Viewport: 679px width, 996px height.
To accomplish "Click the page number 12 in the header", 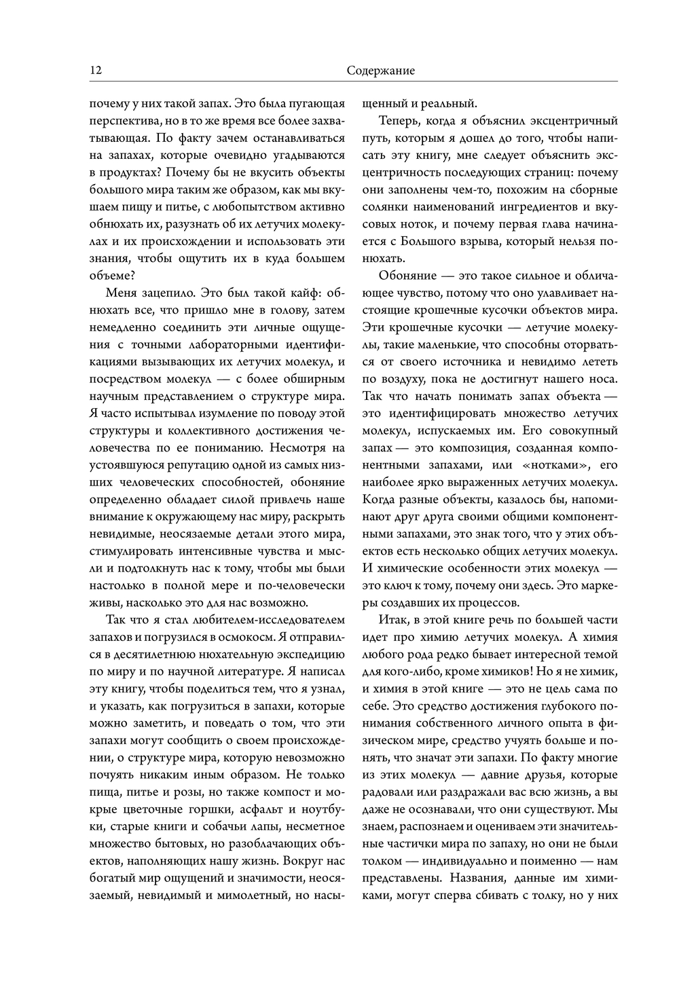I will [95, 71].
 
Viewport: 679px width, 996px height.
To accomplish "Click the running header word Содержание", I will [380, 71].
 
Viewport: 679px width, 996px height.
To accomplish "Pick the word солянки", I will [386, 207].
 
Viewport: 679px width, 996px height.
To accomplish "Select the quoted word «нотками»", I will [557, 465].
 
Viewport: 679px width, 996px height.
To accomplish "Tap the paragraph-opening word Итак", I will [394, 620].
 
